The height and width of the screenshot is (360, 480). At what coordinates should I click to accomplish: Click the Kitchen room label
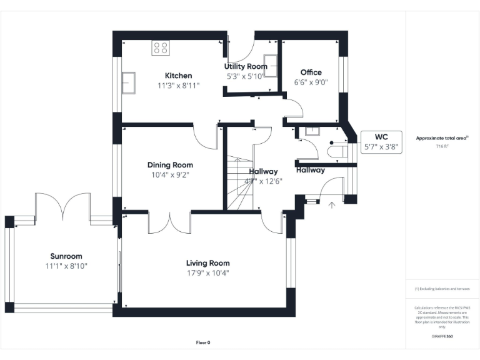[178, 76]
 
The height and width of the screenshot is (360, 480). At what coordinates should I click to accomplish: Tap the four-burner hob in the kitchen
[161, 47]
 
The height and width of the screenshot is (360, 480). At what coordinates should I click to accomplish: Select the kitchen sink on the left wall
[129, 82]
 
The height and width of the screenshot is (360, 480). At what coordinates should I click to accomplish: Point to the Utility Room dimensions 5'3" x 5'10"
[246, 76]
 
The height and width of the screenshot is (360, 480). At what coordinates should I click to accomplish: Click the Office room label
[311, 72]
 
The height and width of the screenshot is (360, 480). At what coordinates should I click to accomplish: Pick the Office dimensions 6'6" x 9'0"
[311, 82]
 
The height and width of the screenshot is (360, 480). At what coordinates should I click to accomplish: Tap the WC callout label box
[381, 142]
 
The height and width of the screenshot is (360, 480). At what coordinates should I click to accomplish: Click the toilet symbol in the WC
[338, 151]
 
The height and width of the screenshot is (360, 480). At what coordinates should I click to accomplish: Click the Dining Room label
[170, 165]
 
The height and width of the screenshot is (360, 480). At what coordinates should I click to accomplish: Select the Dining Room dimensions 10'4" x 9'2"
[170, 175]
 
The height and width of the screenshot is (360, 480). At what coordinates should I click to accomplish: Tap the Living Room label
[208, 263]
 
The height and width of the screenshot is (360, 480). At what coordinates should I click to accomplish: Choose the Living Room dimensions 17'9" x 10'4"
[208, 272]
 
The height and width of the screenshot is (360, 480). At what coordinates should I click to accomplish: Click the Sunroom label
[66, 256]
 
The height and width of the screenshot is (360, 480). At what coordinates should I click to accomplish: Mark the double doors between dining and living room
[169, 222]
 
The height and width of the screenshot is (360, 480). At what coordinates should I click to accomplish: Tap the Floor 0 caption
[203, 342]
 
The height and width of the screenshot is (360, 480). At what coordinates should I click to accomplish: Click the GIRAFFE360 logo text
[442, 336]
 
